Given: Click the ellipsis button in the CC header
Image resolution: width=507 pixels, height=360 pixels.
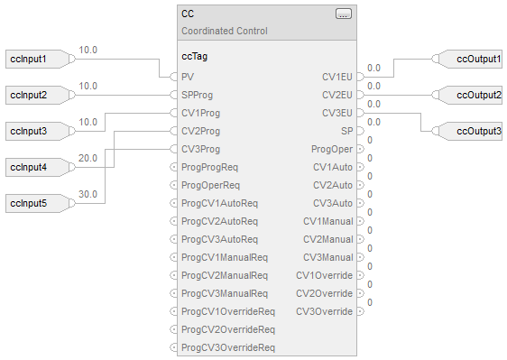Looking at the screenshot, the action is coord(344,14).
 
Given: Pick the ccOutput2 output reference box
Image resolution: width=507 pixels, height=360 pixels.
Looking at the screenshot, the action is coord(467,95).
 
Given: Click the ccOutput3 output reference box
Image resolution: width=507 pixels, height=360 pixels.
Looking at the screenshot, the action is coord(467,131).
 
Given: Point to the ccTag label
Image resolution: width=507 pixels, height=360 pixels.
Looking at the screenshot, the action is coord(195,57).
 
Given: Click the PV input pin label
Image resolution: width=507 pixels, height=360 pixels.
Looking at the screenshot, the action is coord(188,77).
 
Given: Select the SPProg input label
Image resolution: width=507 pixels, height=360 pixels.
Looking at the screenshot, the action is coord(198,95).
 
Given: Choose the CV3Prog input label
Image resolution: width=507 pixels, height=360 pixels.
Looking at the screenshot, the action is coord(201,149).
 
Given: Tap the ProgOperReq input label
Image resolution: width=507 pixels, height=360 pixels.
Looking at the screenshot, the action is coord(210,185).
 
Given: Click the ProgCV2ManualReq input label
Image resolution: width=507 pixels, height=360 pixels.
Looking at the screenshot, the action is coord(225,275).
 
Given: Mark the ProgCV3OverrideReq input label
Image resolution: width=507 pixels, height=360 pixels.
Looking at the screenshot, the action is coord(228,347).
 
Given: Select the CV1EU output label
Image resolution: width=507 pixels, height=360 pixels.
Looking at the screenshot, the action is coord(337,77).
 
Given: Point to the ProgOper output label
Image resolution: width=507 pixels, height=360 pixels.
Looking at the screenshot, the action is coord(332,149).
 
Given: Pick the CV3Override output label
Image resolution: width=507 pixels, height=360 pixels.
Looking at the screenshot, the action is coord(324,311).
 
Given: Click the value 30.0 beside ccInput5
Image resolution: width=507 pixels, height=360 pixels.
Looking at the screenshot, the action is coord(88,194).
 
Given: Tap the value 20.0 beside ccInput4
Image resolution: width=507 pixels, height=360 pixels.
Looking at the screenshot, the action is coord(88,158).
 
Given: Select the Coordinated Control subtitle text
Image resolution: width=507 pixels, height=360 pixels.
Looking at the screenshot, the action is coord(225,31).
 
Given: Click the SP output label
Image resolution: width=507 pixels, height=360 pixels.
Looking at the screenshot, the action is coord(347,131).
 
